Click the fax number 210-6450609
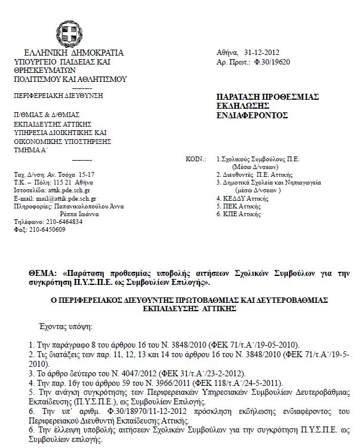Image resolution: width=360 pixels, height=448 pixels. [x=46, y=229]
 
